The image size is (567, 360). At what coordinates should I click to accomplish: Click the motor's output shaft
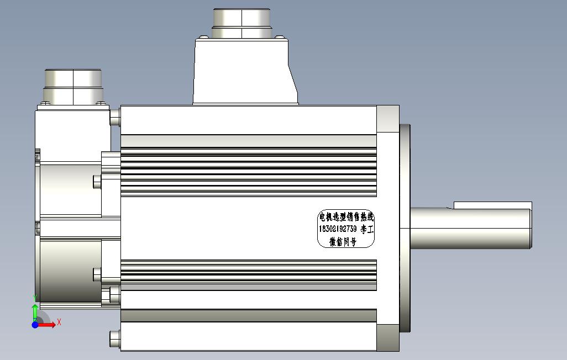click(x=471, y=228)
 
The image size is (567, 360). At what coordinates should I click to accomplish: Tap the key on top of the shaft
click(x=492, y=205)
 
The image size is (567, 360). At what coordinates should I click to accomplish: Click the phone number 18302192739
click(x=337, y=229)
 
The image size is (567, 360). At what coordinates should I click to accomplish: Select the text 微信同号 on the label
click(x=343, y=241)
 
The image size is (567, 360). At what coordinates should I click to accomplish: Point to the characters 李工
click(x=367, y=229)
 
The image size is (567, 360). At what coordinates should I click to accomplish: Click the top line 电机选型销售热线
click(x=346, y=217)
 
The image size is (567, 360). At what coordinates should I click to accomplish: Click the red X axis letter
click(x=59, y=322)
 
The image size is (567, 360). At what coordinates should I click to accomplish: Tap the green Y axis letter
click(x=35, y=298)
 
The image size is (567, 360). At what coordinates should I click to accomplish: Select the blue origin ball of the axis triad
click(x=35, y=325)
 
